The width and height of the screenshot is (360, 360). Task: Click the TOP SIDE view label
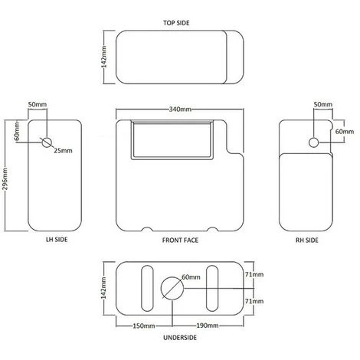176,23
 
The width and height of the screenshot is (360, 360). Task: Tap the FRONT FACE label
180,241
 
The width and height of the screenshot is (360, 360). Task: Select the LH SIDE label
57,240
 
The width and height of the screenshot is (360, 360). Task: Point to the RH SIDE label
307,241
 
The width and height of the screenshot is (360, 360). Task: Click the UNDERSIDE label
180,338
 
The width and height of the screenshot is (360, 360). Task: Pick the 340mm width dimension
180,110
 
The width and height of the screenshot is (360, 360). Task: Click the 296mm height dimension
5,178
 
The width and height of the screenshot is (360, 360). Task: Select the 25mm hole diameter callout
63,151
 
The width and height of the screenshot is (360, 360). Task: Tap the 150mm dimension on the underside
144,326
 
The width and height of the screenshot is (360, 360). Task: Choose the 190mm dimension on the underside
208,326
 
